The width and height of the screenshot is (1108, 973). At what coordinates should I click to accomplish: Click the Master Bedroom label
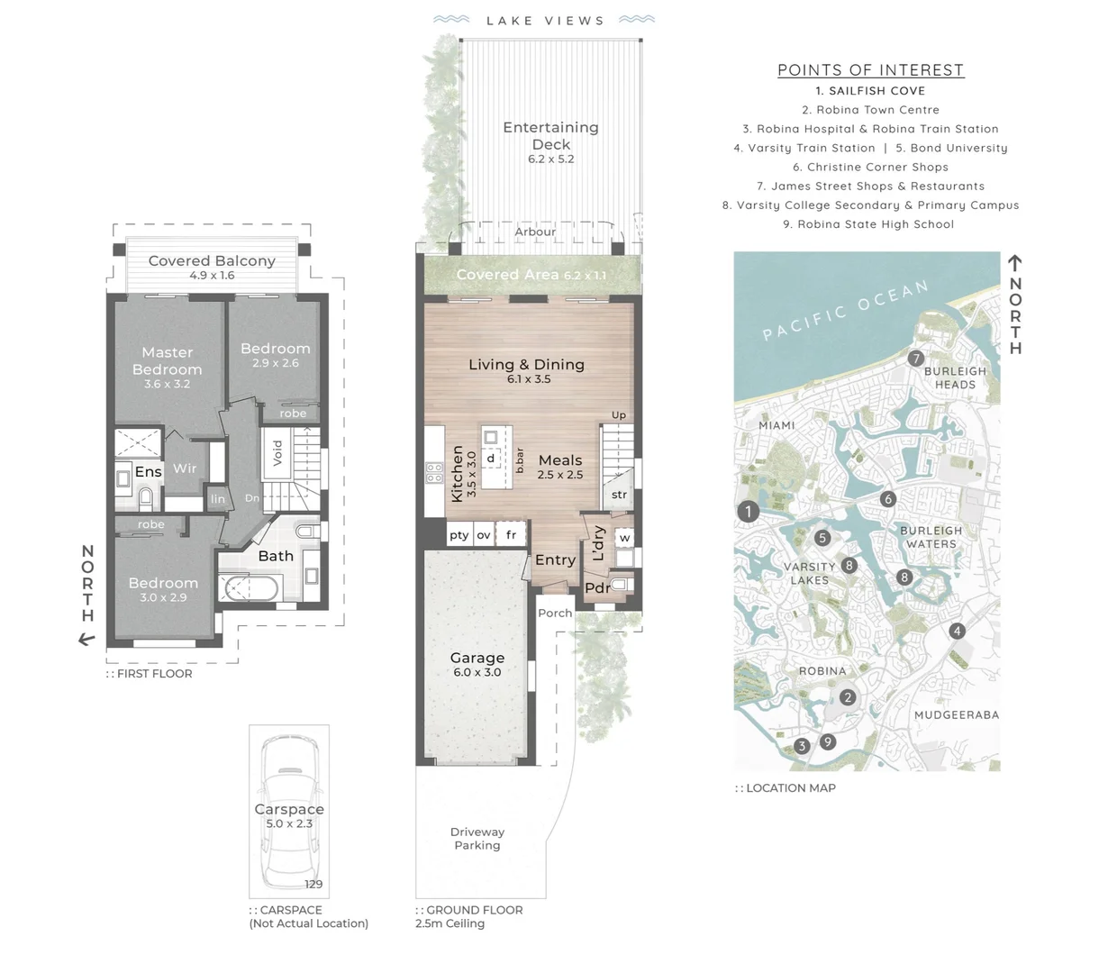pos(168,361)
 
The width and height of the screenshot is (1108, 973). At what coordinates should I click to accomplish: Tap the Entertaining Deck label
pos(550,136)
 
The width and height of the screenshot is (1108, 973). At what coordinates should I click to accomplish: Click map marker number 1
pos(748,512)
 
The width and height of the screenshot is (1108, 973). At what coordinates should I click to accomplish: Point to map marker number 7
pos(915,359)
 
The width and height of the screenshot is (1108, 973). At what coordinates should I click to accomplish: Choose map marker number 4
pos(957,631)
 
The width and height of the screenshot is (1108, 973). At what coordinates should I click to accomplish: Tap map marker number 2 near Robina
pos(847,697)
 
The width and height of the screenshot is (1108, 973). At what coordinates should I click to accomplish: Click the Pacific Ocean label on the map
pos(844,311)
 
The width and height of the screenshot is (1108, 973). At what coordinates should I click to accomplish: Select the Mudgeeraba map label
pos(956,715)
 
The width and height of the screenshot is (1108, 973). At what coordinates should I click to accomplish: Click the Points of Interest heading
pos(870,70)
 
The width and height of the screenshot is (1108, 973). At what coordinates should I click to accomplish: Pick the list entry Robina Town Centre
pos(870,110)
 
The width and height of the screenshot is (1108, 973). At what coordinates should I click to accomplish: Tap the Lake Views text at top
pos(545,21)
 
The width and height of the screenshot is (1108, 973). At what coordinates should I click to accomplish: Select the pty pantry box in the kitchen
pos(459,534)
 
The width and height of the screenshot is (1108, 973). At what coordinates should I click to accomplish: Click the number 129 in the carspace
pos(313,885)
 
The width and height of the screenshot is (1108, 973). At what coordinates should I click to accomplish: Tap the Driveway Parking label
pos(477,839)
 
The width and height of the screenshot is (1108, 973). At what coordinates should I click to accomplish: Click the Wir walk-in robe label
pos(185,468)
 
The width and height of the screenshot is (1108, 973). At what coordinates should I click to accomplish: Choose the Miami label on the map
pos(776,425)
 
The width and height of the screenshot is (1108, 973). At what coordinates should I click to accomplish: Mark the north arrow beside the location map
pos(1015,264)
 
